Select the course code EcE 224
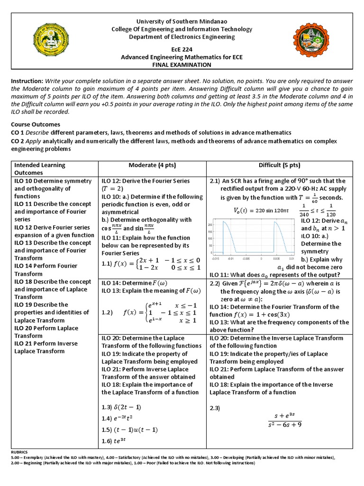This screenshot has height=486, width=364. pyautogui.click(x=182, y=49)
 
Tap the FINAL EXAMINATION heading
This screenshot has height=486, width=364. pyautogui.click(x=182, y=65)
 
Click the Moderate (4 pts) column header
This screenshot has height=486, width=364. pyautogui.click(x=152, y=165)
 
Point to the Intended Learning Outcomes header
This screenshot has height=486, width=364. pyautogui.click(x=40, y=169)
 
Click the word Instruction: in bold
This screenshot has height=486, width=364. pyautogui.click(x=27, y=82)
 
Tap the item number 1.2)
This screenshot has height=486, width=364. pyautogui.click(x=109, y=313)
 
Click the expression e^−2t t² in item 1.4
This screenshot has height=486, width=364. pyautogui.click(x=125, y=419)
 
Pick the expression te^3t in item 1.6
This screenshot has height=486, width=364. pyautogui.click(x=122, y=441)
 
